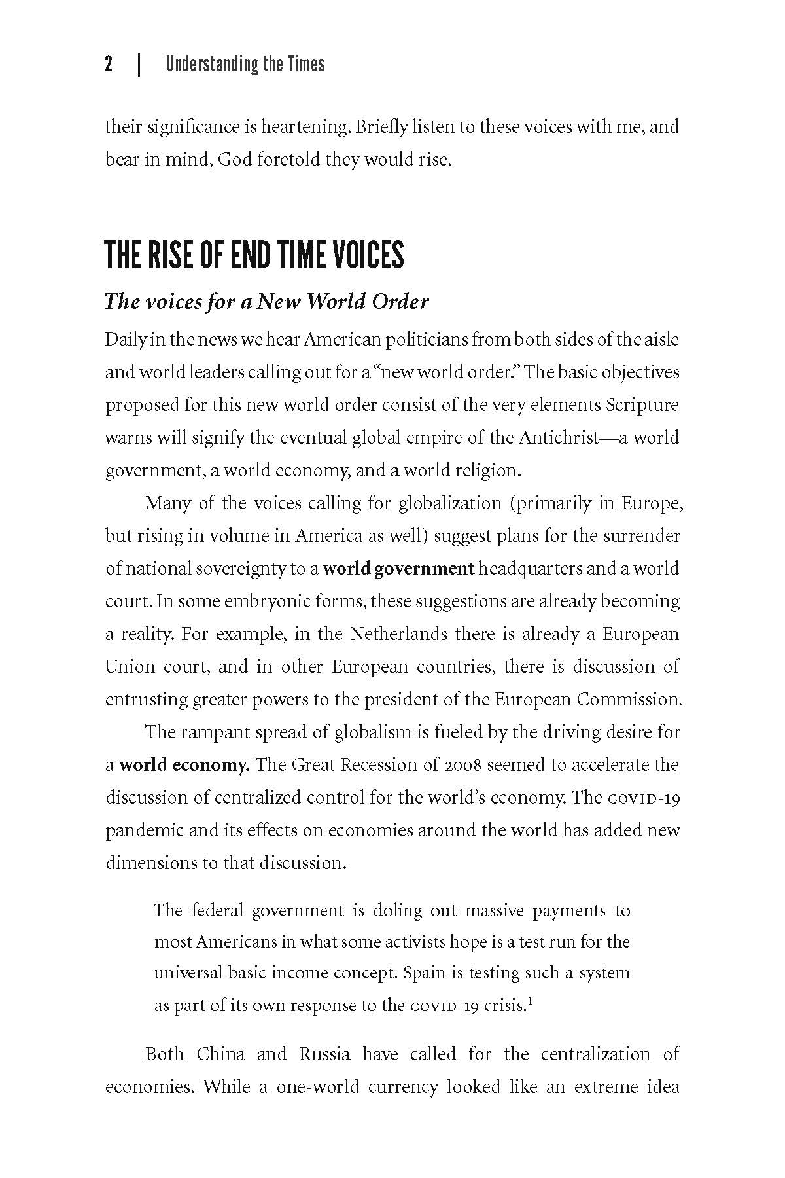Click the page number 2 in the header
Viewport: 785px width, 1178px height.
point(109,64)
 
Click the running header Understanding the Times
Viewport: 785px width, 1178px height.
point(245,64)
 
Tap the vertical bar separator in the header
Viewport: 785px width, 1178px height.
point(139,64)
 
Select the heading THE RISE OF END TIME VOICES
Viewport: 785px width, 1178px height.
point(254,255)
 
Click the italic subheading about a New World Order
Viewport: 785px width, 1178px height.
point(266,301)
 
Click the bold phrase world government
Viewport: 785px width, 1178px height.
point(398,568)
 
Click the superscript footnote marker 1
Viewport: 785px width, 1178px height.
point(531,1001)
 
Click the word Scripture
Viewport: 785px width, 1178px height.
point(642,404)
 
